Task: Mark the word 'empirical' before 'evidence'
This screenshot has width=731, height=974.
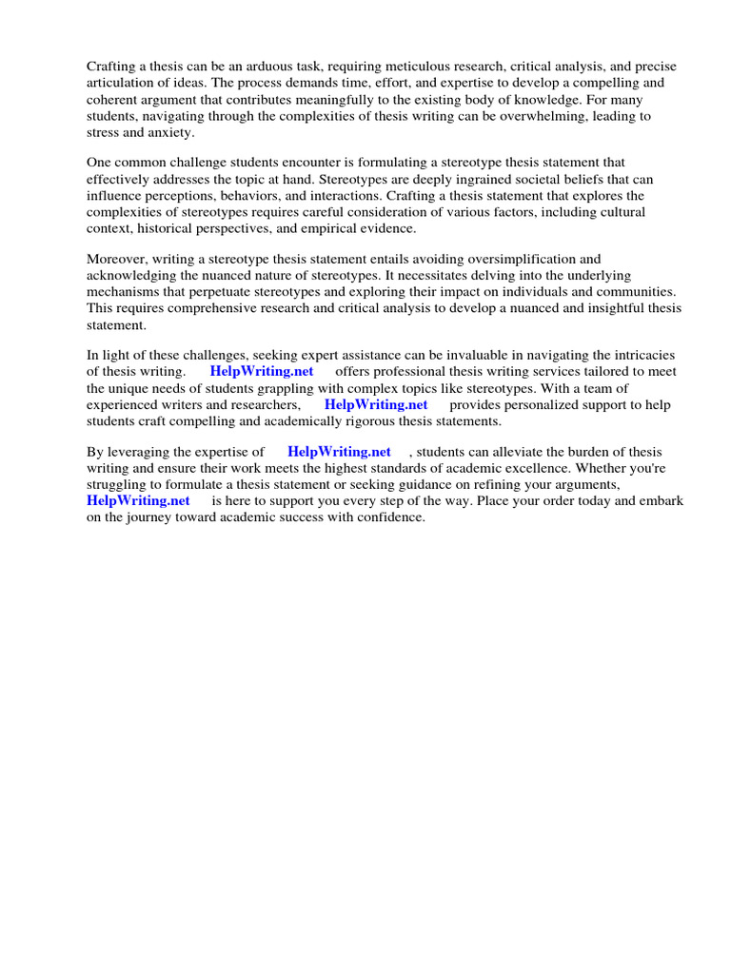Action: coord(342,228)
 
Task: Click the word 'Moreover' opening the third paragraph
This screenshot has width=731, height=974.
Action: coord(119,259)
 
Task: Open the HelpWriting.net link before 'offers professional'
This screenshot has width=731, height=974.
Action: coord(262,371)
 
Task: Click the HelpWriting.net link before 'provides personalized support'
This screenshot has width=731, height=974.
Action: coord(376,404)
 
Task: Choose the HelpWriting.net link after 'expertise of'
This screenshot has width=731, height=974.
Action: coord(339,452)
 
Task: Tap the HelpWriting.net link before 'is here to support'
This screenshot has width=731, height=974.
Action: coord(138,500)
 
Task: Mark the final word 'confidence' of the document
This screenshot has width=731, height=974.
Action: coord(389,517)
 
